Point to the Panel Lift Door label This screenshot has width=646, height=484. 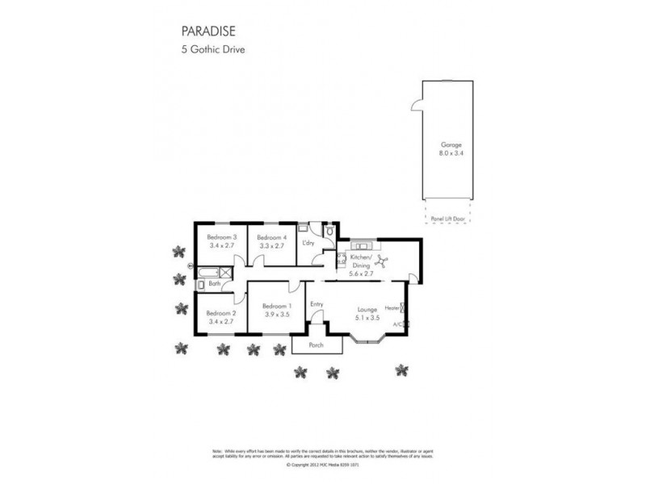pos(447,218)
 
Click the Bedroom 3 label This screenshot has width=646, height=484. pos(220,237)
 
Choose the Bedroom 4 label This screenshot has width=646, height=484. pos(271,237)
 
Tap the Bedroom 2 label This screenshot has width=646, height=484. pos(220,313)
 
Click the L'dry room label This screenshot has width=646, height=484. pos(308,243)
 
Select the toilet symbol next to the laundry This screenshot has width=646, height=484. pos(329,232)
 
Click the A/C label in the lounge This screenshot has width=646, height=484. pos(396,324)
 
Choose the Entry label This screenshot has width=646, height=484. pos(317,304)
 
